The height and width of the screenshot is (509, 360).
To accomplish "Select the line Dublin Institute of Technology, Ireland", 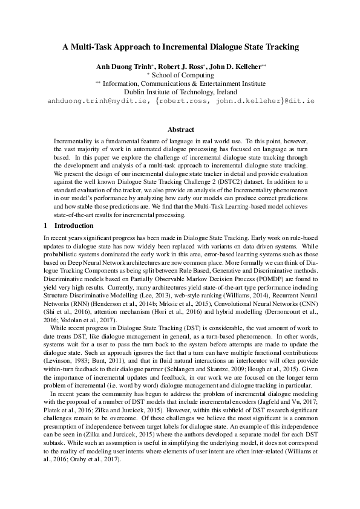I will pos(180,91).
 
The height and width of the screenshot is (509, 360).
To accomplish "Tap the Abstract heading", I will pos(180,129).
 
